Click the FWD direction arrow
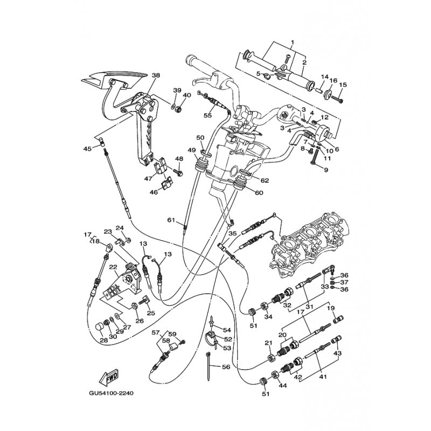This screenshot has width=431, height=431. point(108,377)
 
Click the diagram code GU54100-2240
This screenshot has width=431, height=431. point(112,393)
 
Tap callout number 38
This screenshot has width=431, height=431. point(156,75)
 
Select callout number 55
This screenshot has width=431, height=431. point(208,115)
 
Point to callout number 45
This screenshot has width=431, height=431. point(87,149)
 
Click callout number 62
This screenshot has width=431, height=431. point(265,180)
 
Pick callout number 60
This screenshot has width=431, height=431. point(259,193)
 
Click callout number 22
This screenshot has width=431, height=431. point(113,267)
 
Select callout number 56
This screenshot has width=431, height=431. point(226,367)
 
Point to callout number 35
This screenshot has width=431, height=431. point(233,234)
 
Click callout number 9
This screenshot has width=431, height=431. point(326,170)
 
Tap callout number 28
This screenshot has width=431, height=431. point(104,340)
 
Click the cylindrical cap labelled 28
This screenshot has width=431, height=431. point(99,328)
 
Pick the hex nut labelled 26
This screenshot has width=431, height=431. point(135,305)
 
